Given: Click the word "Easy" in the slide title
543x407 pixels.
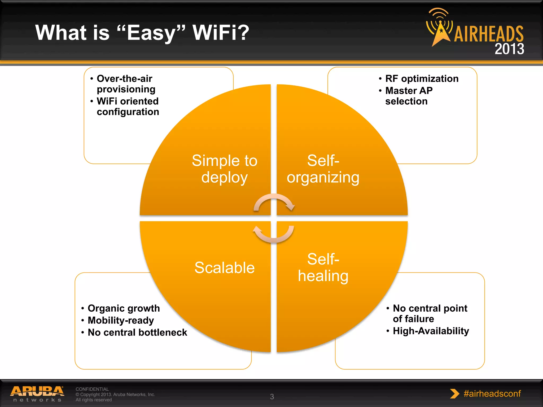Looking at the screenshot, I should pos(151,33).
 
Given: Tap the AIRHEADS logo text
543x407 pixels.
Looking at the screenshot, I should pos(488,34).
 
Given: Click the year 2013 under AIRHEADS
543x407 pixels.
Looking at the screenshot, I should pos(509,49).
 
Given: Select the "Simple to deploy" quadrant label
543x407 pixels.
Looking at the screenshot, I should pos(224,169).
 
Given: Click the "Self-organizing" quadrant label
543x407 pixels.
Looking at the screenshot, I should pos(323,169).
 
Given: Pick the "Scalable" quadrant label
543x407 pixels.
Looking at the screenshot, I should pos(224,267).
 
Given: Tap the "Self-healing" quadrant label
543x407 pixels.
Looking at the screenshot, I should pos(323,267).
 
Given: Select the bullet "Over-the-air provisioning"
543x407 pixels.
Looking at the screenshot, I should pos(126,84).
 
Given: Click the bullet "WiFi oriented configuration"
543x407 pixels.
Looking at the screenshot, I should pos(128,106).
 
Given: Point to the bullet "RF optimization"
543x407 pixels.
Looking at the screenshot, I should pos(422,78).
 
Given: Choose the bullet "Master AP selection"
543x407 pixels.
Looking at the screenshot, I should pos(409,96).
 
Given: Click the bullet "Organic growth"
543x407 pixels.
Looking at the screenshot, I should pos(124,308).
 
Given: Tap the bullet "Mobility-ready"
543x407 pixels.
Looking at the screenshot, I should pos(121,320).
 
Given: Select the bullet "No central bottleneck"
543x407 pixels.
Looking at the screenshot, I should pos(137,332).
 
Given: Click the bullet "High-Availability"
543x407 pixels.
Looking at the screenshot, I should pos(431,331).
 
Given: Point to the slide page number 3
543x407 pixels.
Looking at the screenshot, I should pos(272,397).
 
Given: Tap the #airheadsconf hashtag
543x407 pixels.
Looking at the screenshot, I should pos(492,393).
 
